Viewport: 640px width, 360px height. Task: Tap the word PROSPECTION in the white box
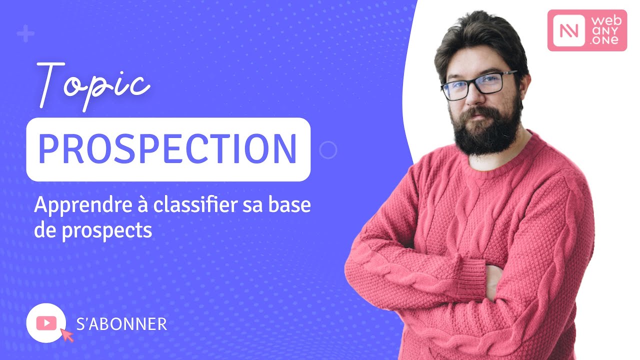(x=168, y=149)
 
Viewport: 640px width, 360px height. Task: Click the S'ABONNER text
(x=121, y=324)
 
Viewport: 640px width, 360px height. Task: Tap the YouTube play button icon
(x=46, y=323)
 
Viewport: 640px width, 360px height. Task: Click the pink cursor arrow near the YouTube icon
(x=66, y=334)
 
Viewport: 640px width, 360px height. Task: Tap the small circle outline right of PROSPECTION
(x=328, y=149)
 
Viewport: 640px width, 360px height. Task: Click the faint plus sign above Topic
(x=25, y=34)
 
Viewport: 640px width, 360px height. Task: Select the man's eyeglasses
(x=478, y=85)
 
